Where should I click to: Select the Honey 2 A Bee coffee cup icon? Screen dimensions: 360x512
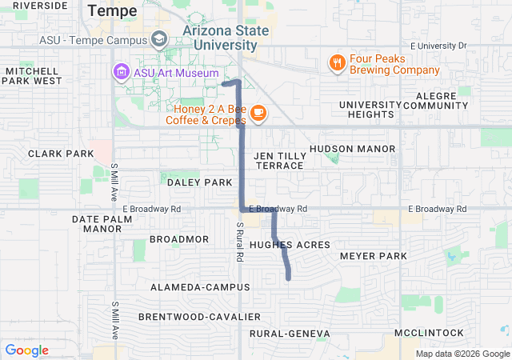pyautogui.click(x=258, y=113)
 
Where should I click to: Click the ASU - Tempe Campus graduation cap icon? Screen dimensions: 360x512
pyautogui.click(x=158, y=39)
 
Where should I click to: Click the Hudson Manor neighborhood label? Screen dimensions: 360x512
pyautogui.click(x=352, y=149)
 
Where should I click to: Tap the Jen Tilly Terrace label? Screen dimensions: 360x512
pyautogui.click(x=279, y=160)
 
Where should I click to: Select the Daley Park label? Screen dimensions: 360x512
pyautogui.click(x=199, y=182)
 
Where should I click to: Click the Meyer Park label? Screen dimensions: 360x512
pyautogui.click(x=373, y=256)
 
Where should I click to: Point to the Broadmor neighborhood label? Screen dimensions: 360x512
pyautogui.click(x=179, y=239)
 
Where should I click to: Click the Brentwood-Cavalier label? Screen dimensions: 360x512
pyautogui.click(x=199, y=317)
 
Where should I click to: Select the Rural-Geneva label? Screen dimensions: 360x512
pyautogui.click(x=290, y=333)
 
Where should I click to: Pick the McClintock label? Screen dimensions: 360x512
pyautogui.click(x=428, y=332)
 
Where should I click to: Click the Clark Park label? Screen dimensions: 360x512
pyautogui.click(x=61, y=153)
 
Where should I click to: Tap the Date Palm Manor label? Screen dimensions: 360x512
pyautogui.click(x=102, y=223)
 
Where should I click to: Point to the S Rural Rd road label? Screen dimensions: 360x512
pyautogui.click(x=238, y=242)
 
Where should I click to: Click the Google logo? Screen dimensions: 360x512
pyautogui.click(x=26, y=350)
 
